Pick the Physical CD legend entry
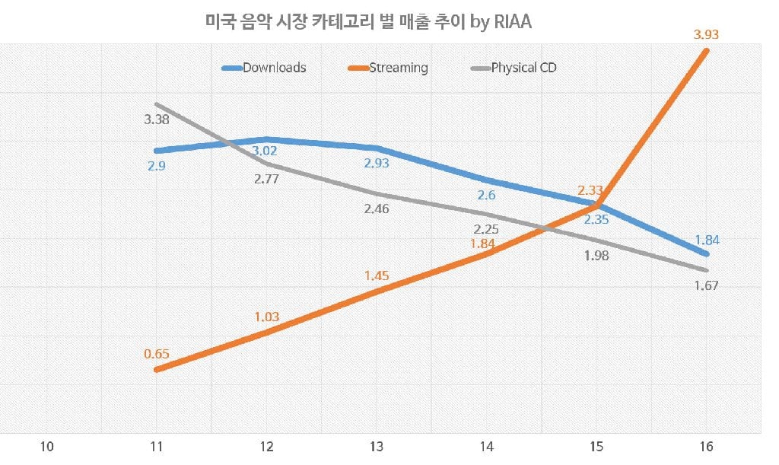pos(523,68)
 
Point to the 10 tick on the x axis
pos(47,446)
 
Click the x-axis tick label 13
pos(377,446)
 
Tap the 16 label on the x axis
pos(707,446)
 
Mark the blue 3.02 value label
pos(265,151)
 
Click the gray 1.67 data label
pos(707,286)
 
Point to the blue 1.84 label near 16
pos(707,240)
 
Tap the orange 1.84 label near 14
pos(486,244)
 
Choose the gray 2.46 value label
pos(377,208)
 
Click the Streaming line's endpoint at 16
pos(707,51)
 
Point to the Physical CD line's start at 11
pos(156,104)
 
